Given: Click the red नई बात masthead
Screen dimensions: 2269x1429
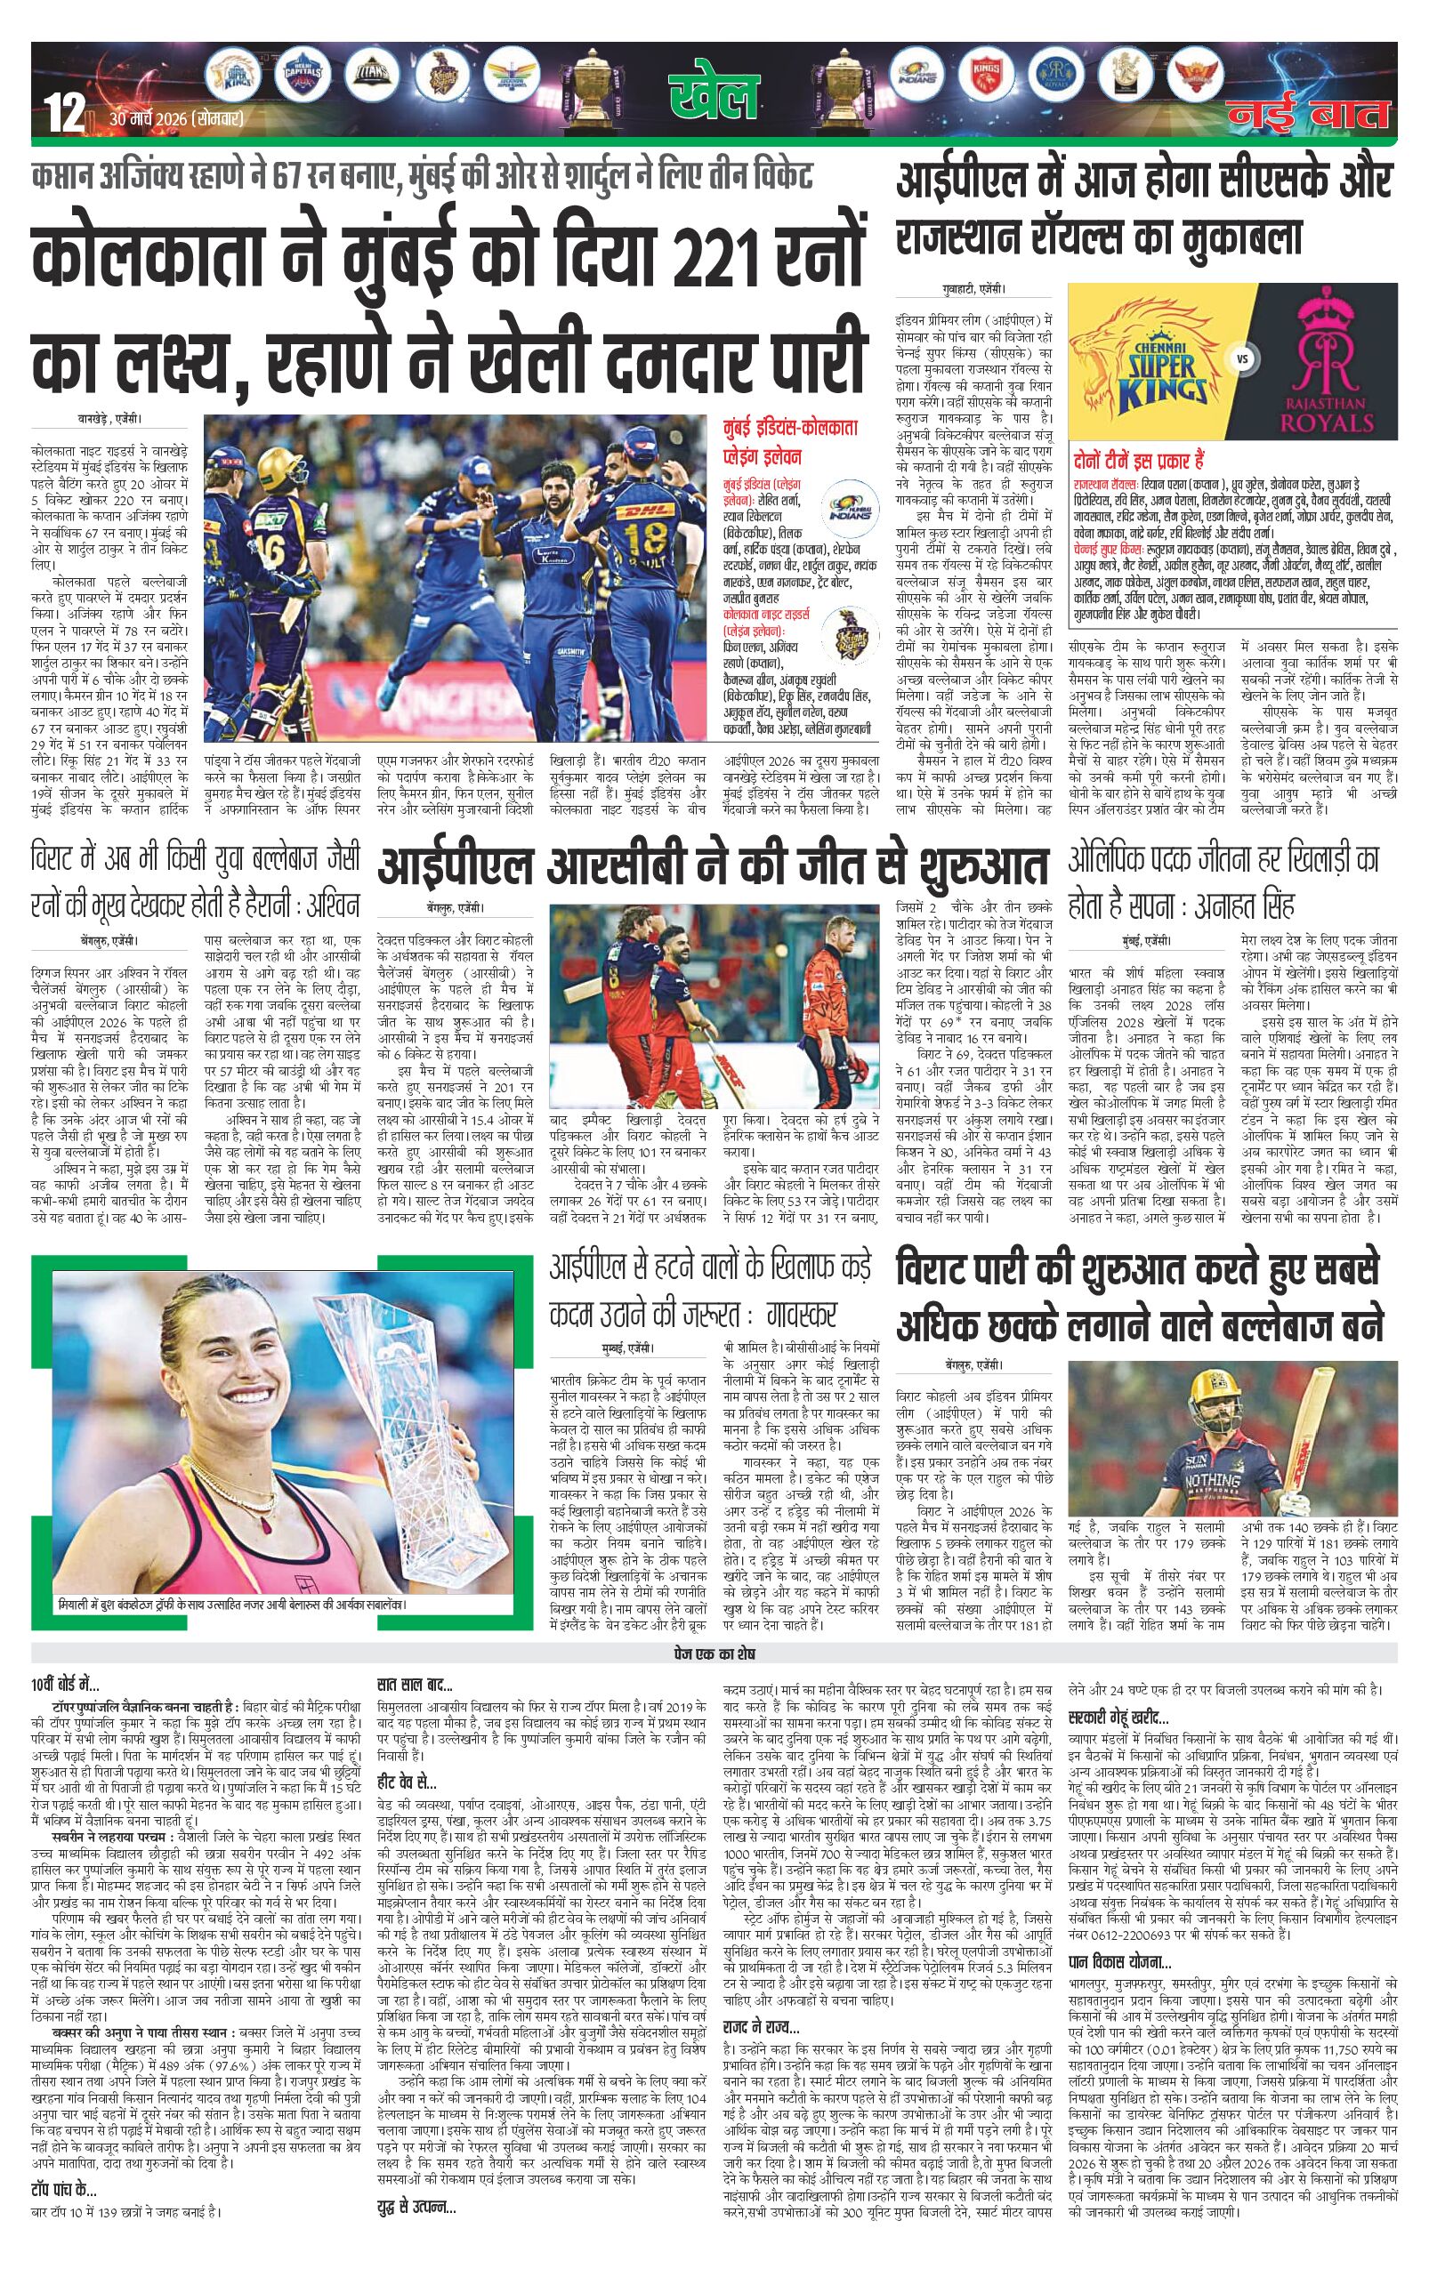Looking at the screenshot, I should pyautogui.click(x=1311, y=114).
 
